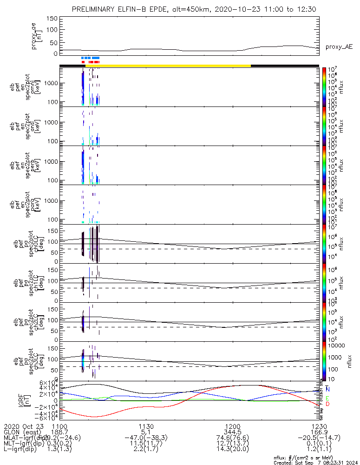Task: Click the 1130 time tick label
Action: point(146,426)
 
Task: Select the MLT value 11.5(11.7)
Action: point(146,445)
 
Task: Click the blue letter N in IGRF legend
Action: point(328,389)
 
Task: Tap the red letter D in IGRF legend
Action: point(328,404)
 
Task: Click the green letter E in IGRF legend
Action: point(328,398)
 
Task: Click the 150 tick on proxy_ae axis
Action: point(52,18)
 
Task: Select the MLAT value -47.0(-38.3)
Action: point(146,438)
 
